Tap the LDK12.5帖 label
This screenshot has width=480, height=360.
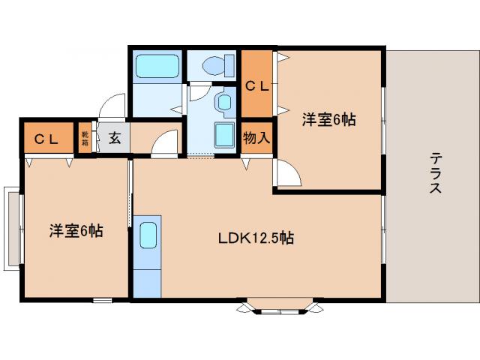point(256,239)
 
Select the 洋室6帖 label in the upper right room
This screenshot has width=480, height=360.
point(329,119)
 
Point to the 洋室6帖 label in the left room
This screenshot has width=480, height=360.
point(76,231)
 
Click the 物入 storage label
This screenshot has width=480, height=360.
point(256,139)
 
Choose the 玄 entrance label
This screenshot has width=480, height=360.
point(115,138)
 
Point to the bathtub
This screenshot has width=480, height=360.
point(157,69)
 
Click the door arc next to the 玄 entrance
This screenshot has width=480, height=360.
point(166,144)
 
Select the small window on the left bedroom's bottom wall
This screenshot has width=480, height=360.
point(102,300)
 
